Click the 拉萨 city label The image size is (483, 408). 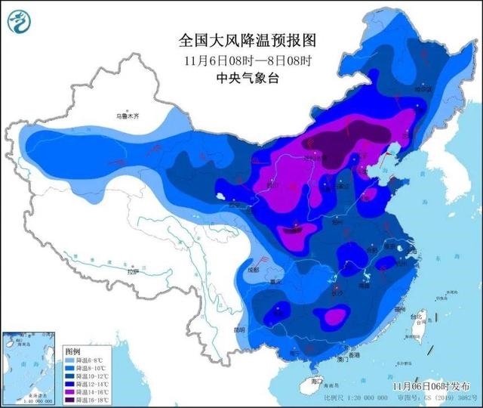[134, 271]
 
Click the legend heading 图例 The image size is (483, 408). [72, 352]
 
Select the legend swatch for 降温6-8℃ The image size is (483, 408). [70, 360]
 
